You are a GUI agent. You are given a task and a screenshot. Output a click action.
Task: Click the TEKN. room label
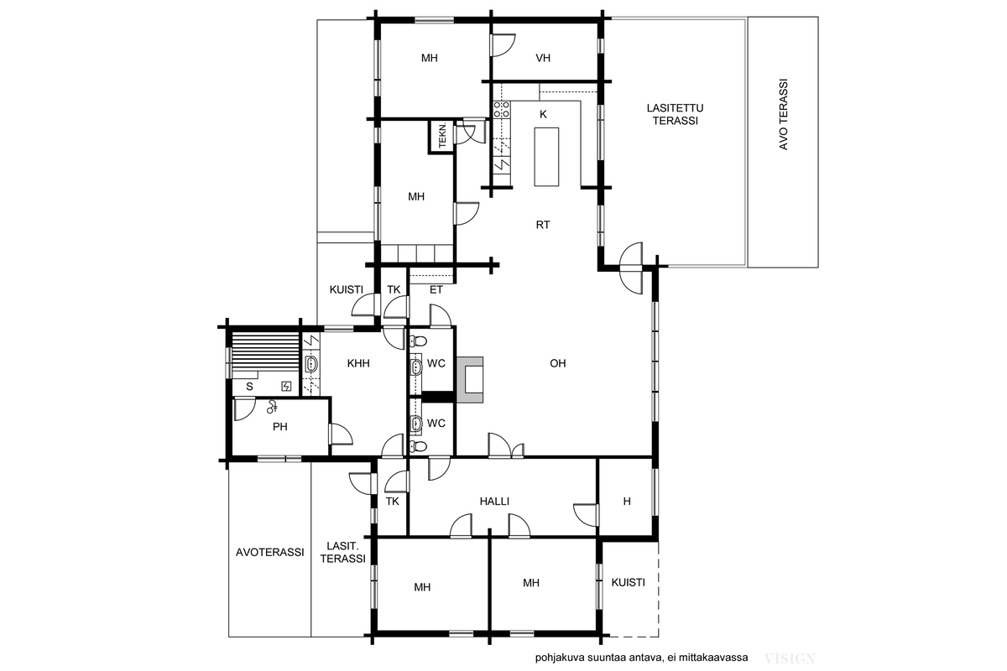[x=443, y=136]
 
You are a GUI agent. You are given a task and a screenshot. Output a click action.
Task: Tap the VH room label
[x=543, y=58]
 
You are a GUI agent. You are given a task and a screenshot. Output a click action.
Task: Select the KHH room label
[x=358, y=363]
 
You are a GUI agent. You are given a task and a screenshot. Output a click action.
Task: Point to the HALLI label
[x=494, y=501]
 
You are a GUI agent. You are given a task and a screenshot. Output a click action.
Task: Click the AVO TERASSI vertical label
[x=783, y=115]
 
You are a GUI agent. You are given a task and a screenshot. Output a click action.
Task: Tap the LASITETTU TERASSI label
[x=676, y=114]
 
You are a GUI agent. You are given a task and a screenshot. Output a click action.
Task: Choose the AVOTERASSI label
[x=269, y=553]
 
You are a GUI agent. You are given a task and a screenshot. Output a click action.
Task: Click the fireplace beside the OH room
[x=470, y=380]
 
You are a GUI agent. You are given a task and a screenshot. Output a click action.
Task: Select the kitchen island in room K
[x=546, y=157]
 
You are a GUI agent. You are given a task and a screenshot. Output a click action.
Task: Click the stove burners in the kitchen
[x=502, y=109]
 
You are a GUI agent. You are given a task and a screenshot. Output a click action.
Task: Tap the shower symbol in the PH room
[x=272, y=407]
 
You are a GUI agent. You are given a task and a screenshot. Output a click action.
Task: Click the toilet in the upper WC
[x=418, y=341]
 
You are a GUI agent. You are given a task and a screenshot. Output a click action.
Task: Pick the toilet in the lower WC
[x=418, y=446]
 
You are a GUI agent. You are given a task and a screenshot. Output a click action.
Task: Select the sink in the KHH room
[x=311, y=364]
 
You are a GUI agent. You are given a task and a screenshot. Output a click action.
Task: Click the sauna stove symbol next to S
[x=286, y=386]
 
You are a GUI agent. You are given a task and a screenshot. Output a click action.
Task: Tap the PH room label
[x=280, y=427]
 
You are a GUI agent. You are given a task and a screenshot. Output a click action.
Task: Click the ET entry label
[x=436, y=290]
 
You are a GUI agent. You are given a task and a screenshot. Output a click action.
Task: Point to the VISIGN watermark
[x=790, y=659]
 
